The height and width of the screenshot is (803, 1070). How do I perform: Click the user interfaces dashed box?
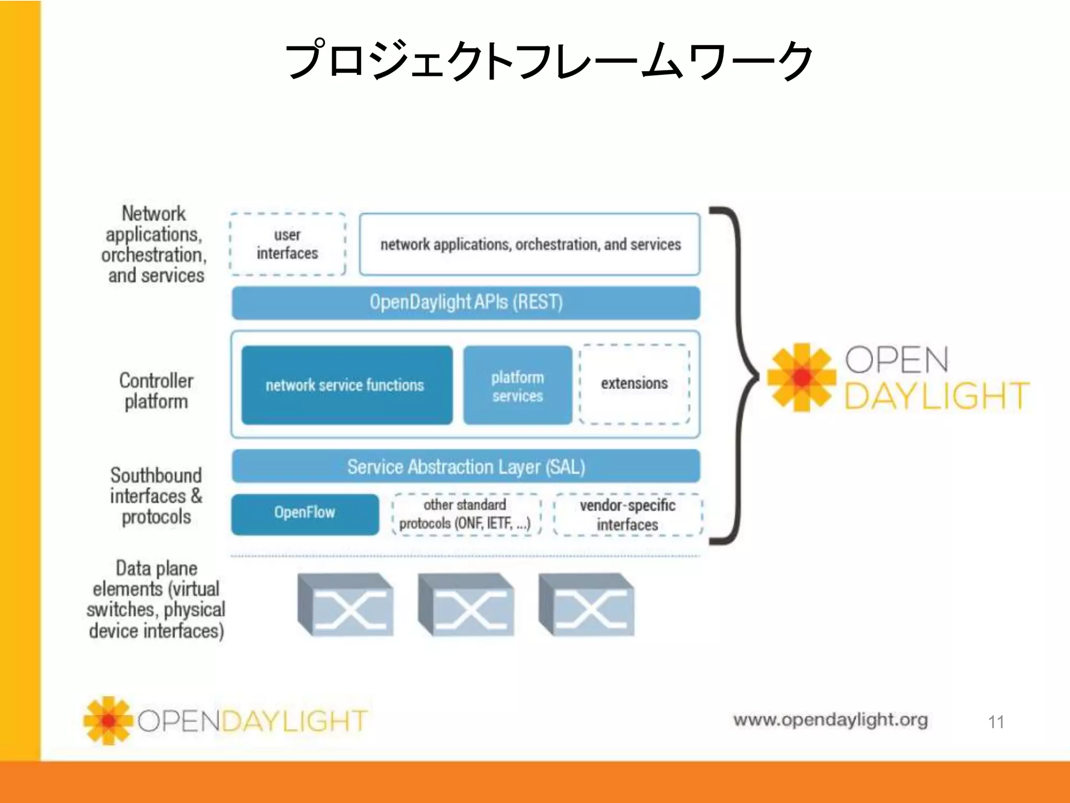coord(287,244)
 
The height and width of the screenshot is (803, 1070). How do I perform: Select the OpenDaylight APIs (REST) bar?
coord(466,303)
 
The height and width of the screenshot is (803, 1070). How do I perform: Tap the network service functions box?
coord(346,385)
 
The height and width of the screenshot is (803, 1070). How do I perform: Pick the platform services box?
coord(517,386)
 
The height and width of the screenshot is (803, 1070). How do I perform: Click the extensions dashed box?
coord(634,384)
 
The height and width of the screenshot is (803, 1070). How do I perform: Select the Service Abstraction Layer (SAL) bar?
coord(466,466)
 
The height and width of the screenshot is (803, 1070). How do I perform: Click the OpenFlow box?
coord(305,513)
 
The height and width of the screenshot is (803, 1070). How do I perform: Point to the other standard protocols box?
coord(465,514)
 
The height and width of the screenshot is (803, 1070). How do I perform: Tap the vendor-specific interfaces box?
coord(627,515)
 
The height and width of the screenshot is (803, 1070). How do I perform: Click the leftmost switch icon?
coord(345,605)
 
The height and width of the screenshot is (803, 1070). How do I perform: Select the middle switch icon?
coord(466,605)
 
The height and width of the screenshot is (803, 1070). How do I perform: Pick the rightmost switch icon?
coord(586,605)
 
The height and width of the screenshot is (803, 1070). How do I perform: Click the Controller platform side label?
coord(156,391)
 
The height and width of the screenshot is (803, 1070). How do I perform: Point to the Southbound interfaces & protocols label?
coord(156,496)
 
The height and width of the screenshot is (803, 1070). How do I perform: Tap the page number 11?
coord(996,722)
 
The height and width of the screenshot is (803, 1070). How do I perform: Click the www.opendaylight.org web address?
coord(830,720)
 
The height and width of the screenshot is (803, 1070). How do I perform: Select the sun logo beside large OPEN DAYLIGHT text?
coord(801,377)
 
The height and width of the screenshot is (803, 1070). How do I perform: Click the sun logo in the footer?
coord(108,720)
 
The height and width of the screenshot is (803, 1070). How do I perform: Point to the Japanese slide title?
coord(549,60)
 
